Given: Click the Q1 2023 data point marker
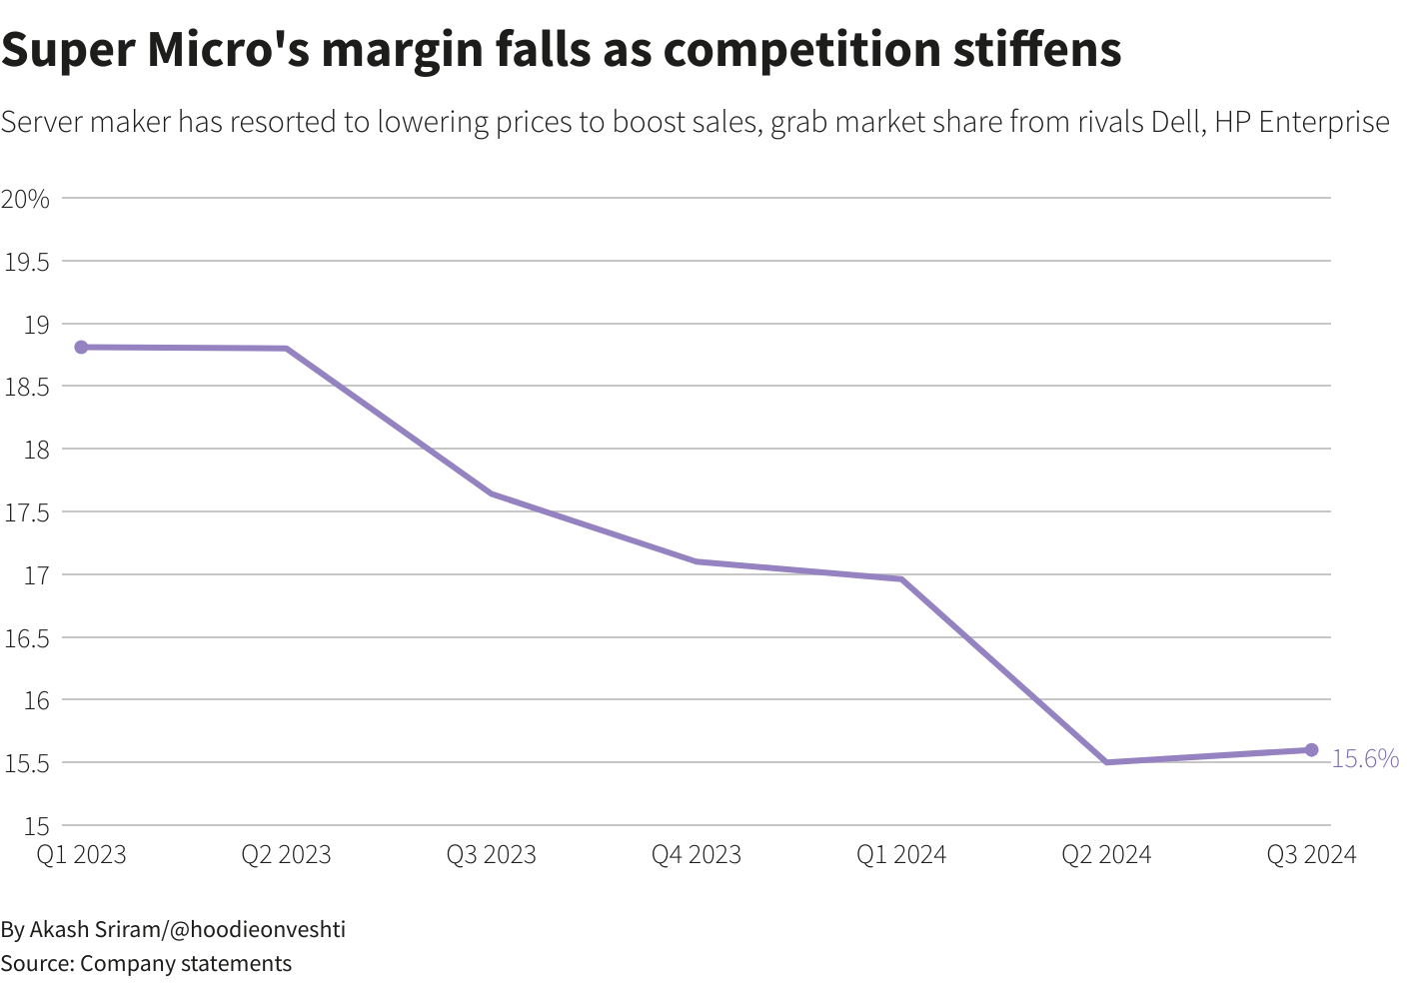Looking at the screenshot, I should (81, 347).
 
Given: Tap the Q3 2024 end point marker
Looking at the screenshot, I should (1311, 750).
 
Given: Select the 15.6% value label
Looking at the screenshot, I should (1365, 759).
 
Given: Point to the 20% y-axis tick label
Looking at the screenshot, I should (26, 199).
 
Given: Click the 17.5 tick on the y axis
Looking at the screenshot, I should (27, 512).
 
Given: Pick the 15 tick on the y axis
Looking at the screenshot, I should (37, 826).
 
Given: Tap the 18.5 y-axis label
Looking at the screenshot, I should (27, 387).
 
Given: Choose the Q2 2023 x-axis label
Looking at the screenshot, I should (287, 855).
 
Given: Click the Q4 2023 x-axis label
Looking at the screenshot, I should (697, 855).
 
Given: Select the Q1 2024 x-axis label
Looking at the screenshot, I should (901, 855).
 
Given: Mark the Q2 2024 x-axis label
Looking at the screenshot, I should (1106, 855).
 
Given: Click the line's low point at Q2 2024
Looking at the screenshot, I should (1106, 762).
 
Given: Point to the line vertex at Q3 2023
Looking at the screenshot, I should (492, 493).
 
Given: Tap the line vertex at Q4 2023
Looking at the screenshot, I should (697, 561).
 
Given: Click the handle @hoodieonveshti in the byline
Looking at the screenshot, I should (257, 929).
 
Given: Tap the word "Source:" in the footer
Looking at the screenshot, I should (37, 963).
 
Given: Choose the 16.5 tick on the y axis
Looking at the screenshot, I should (27, 637).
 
